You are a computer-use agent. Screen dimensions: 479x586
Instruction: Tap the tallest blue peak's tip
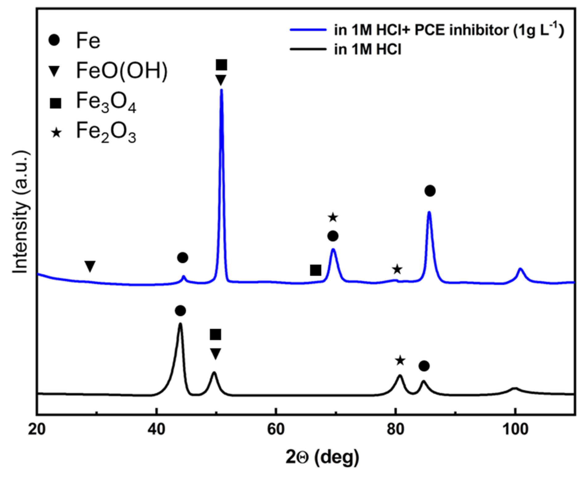(x=221, y=90)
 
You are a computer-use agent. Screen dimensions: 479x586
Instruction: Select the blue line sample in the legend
(x=308, y=30)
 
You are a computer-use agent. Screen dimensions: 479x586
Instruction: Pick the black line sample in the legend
(x=308, y=49)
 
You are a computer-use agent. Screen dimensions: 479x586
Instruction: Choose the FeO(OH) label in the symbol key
(x=122, y=71)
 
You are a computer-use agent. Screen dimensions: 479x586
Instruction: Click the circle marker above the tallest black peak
(x=180, y=311)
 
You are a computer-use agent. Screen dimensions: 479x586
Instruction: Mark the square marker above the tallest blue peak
(x=222, y=65)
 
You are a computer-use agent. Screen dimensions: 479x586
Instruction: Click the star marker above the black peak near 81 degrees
(x=400, y=360)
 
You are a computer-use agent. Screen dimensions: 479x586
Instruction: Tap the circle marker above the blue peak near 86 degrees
(x=430, y=191)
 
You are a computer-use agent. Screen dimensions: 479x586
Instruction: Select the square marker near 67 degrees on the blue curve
(x=316, y=270)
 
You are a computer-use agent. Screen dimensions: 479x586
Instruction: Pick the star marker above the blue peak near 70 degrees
(x=333, y=217)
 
